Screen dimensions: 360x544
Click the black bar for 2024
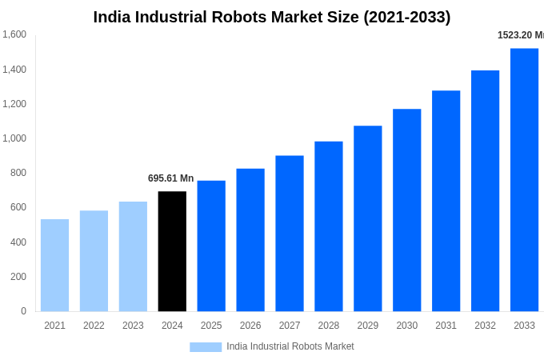click(172, 251)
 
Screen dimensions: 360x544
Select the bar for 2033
click(524, 180)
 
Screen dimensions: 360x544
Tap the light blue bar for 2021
click(54, 265)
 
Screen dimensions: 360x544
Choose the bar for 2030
click(406, 210)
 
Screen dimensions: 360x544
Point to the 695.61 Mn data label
click(170, 178)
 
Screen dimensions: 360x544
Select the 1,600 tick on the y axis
click(14, 34)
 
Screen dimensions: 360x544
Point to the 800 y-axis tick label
click(18, 173)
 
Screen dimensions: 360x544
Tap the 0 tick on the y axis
click(23, 311)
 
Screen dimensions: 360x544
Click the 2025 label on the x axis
click(211, 326)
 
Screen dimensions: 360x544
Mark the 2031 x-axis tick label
click(446, 326)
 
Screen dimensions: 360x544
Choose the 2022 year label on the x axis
click(94, 326)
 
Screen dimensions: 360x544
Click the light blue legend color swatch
click(206, 346)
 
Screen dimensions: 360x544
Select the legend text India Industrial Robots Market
click(290, 346)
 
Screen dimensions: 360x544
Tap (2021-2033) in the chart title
click(407, 17)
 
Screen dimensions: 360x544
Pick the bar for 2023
click(133, 256)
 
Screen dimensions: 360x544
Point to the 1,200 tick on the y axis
click(14, 104)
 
